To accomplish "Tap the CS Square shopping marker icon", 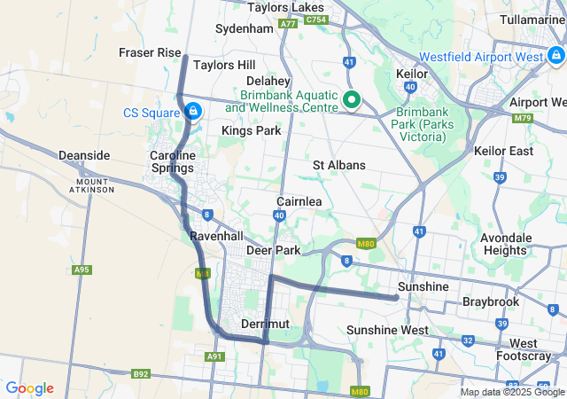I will click(x=192, y=112).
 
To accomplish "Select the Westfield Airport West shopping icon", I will click(x=555, y=56).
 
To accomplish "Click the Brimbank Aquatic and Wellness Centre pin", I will click(x=351, y=99).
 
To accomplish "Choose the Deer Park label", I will click(x=274, y=251).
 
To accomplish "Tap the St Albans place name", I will click(x=339, y=165).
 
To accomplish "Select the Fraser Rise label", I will click(x=150, y=53).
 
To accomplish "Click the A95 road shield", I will click(x=82, y=270).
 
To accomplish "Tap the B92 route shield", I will click(x=141, y=374).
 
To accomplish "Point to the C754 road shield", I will click(x=315, y=19).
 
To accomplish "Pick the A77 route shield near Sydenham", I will click(x=287, y=24).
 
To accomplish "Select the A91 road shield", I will click(x=214, y=356).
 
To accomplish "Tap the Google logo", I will click(x=29, y=388).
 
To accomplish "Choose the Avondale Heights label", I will click(x=506, y=244).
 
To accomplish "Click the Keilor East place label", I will click(x=503, y=151).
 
